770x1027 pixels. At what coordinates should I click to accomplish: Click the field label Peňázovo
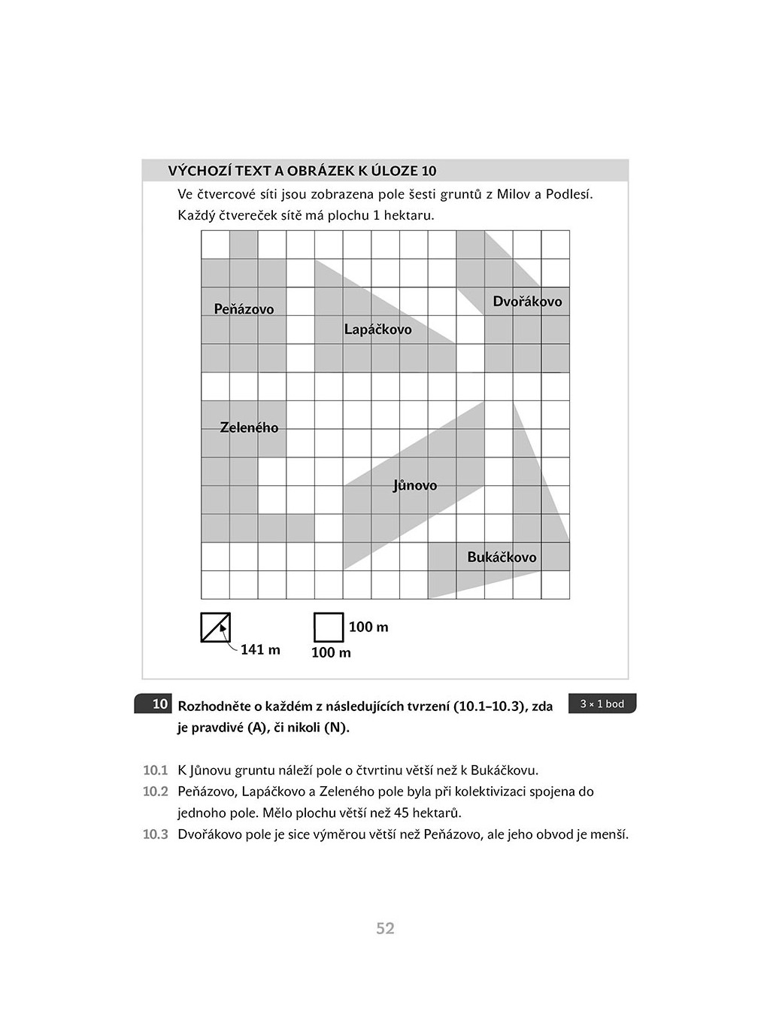coord(244,309)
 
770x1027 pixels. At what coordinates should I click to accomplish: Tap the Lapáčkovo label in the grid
coord(377,330)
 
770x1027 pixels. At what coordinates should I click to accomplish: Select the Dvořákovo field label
coord(527,302)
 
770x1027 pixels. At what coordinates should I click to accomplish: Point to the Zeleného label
coord(249,427)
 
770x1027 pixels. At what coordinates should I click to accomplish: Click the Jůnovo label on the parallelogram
coord(414,485)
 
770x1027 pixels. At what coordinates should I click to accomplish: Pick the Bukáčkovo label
coord(502,558)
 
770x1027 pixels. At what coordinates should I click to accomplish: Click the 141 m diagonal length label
coord(260,649)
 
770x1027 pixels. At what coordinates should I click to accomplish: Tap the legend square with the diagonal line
coord(216,627)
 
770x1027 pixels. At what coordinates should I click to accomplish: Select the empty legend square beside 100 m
coord(328,627)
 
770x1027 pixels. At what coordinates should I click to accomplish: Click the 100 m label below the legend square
coord(331,652)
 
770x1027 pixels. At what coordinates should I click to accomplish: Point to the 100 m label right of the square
coord(368,627)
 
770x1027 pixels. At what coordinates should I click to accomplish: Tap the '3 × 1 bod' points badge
coord(602,703)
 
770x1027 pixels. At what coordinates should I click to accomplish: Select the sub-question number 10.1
coord(155,770)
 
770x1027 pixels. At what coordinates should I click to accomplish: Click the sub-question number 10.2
coord(155,792)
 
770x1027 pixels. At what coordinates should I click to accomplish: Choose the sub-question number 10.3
coord(155,834)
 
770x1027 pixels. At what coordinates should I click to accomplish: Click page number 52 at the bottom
coord(385,928)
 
